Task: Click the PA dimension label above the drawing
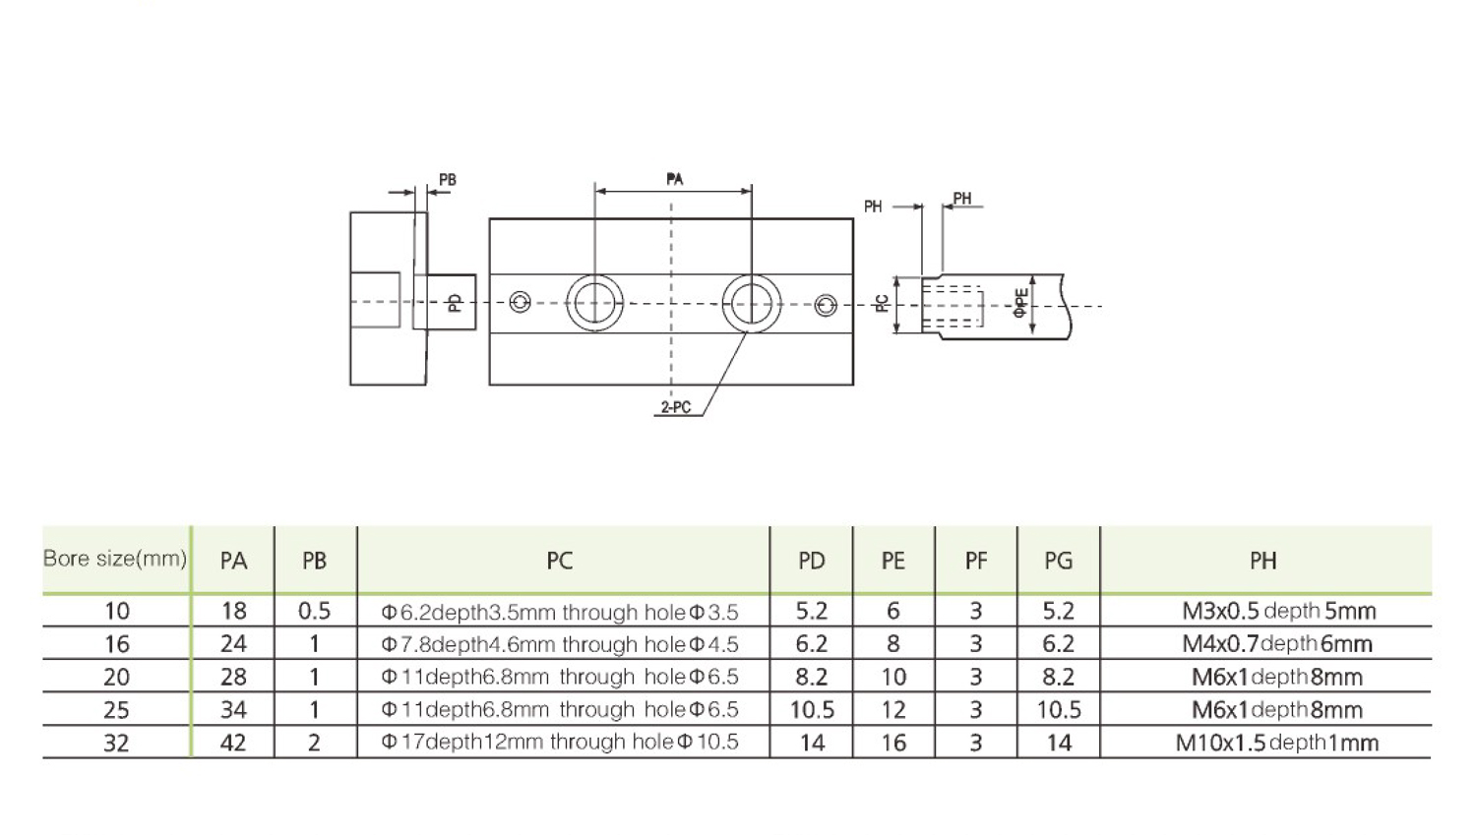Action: coord(674,179)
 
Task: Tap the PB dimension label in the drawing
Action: coord(448,180)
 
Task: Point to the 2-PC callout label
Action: coord(676,407)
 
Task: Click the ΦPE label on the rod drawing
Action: coord(1021,302)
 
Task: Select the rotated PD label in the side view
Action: coord(455,302)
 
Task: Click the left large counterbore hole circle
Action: coord(594,302)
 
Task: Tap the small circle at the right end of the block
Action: coord(826,306)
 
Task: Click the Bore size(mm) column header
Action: coord(115,559)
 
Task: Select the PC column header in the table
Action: coord(559,561)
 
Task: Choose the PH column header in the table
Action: coord(1262,561)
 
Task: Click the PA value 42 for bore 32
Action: coord(233,743)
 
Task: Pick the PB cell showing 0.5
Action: coord(314,611)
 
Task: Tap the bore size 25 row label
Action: coord(116,710)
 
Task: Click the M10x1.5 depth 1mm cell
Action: coord(1276,743)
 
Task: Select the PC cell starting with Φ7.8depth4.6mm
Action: coord(559,644)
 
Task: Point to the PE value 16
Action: coord(893,743)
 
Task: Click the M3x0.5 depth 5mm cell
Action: coord(1278,611)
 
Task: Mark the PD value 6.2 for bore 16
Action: coord(812,644)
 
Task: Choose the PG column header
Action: coord(1058,561)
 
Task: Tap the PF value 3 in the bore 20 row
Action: coord(975,677)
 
